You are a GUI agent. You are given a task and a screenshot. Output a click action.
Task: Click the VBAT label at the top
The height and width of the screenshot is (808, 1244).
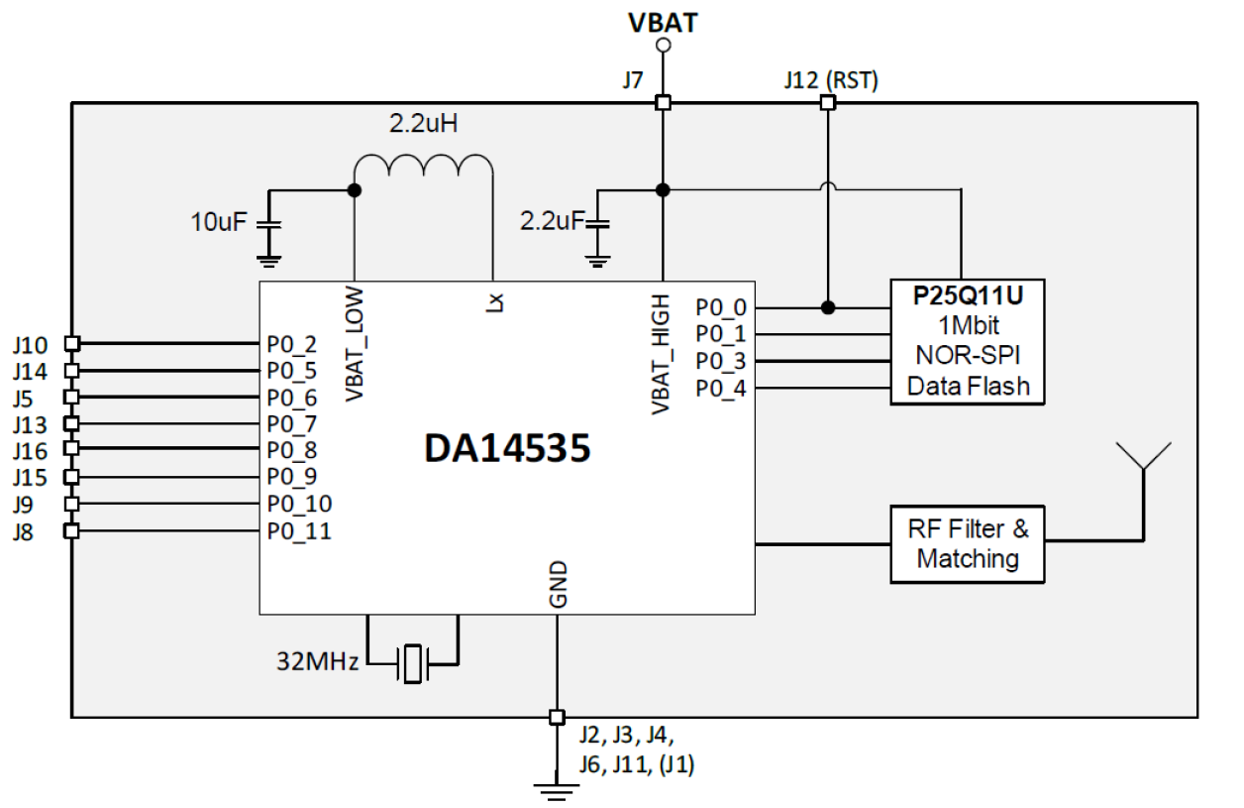pyautogui.click(x=663, y=22)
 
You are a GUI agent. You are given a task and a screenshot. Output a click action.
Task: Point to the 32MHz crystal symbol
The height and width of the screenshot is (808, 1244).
pyautogui.click(x=410, y=661)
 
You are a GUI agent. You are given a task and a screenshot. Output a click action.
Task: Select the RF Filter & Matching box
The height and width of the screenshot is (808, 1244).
pyautogui.click(x=968, y=544)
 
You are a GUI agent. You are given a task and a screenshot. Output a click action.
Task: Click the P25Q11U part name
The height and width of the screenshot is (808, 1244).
pyautogui.click(x=967, y=296)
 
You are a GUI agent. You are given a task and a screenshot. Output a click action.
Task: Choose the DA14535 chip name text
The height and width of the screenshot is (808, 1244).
pyautogui.click(x=507, y=449)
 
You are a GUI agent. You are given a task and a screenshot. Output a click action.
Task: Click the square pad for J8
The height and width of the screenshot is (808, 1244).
pyautogui.click(x=71, y=531)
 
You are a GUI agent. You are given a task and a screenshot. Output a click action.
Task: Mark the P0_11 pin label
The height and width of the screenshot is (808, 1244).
pyautogui.click(x=299, y=531)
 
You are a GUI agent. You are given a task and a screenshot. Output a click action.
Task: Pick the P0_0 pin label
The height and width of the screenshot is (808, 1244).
pyautogui.click(x=721, y=307)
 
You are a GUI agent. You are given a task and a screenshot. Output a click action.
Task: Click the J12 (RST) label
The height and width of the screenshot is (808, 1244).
pyautogui.click(x=829, y=80)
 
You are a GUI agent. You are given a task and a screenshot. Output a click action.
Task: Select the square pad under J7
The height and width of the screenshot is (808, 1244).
pyautogui.click(x=663, y=102)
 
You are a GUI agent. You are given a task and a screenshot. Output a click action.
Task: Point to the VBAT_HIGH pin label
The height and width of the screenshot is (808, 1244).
pyautogui.click(x=662, y=354)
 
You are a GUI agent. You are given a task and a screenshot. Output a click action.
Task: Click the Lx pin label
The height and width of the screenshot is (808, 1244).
pyautogui.click(x=493, y=302)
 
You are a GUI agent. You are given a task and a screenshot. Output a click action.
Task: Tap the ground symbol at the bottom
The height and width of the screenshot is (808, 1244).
pyautogui.click(x=557, y=789)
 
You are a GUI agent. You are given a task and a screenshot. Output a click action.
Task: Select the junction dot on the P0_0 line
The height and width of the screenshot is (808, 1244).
pyautogui.click(x=828, y=307)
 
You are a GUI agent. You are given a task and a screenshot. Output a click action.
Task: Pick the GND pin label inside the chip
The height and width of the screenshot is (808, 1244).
pyautogui.click(x=557, y=585)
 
